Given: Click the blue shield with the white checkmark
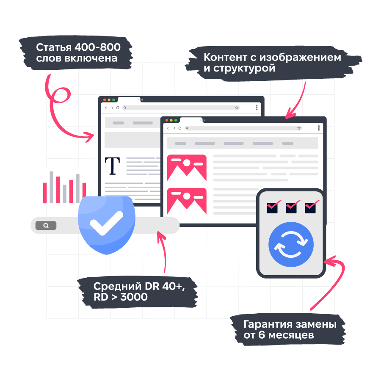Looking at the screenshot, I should coord(106,224).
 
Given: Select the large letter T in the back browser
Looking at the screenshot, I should coord(112,166).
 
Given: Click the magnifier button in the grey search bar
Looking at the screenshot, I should coord(46,226).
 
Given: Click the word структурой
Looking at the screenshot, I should coord(245,68).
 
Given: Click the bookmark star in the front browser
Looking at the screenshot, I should coord(299,128).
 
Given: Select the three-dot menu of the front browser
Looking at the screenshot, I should coord(319,128).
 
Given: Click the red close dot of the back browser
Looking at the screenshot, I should coord(104,100).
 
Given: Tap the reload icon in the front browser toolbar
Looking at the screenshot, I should coord(180,128).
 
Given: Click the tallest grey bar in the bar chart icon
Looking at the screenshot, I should coord(52,187).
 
